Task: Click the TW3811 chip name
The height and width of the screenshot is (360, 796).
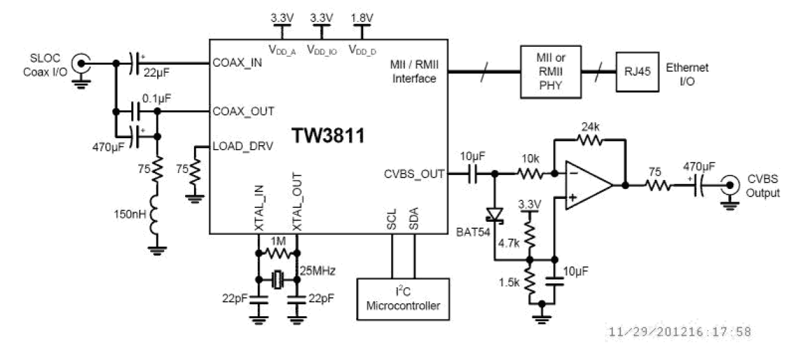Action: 329,135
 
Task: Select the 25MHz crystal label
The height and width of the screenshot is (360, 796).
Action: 318,271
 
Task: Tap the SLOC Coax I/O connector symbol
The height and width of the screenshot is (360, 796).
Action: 80,63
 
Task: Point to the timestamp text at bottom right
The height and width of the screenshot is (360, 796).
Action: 681,332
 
